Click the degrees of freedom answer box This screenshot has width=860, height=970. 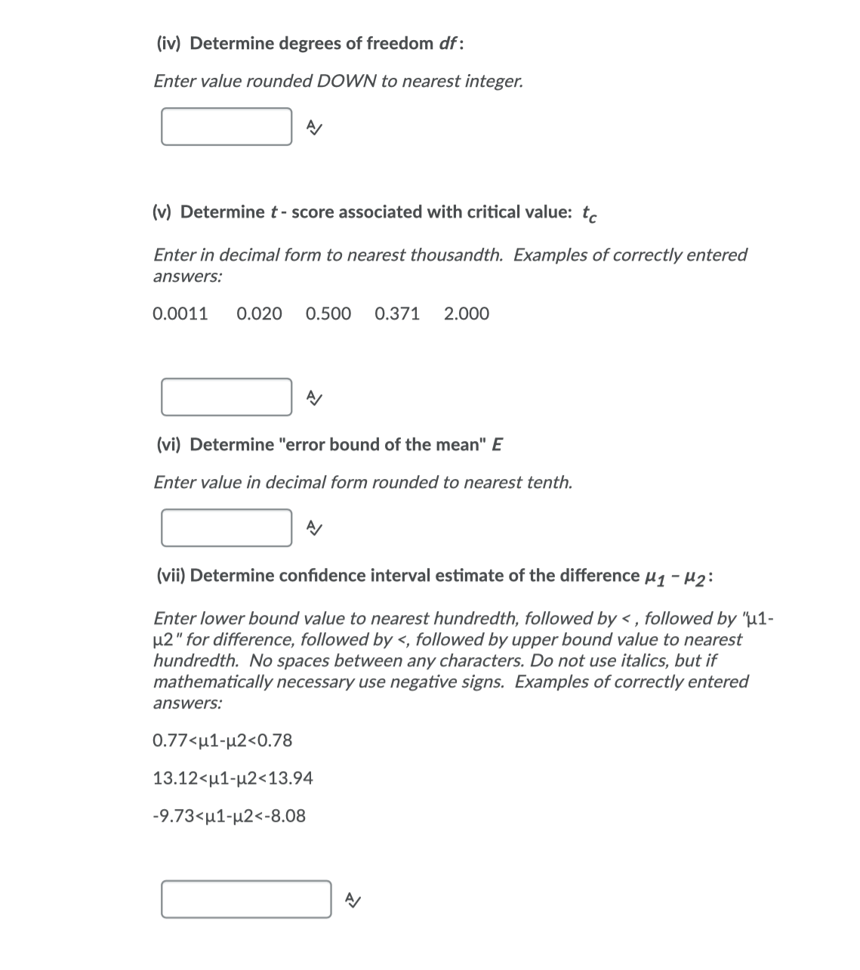point(226,127)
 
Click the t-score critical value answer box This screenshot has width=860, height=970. point(226,397)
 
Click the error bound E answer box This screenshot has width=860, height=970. point(226,527)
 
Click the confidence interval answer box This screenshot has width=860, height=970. point(245,899)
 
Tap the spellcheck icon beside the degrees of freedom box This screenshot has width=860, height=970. point(314,128)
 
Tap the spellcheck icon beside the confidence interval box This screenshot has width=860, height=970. point(353,900)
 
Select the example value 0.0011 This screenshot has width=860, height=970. point(180,314)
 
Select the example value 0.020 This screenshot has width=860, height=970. point(259,314)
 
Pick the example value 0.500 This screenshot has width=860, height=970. point(328,314)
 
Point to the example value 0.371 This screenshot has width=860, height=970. point(397,314)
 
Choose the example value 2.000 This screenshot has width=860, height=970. point(467,314)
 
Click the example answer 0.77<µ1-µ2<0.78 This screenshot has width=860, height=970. point(222,740)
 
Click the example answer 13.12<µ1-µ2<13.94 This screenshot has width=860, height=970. point(233,778)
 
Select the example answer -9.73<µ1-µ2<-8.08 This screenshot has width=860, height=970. point(229,816)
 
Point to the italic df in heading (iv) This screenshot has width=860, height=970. point(447,43)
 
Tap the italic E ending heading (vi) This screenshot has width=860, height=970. point(497,444)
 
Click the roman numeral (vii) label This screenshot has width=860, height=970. point(171,576)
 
